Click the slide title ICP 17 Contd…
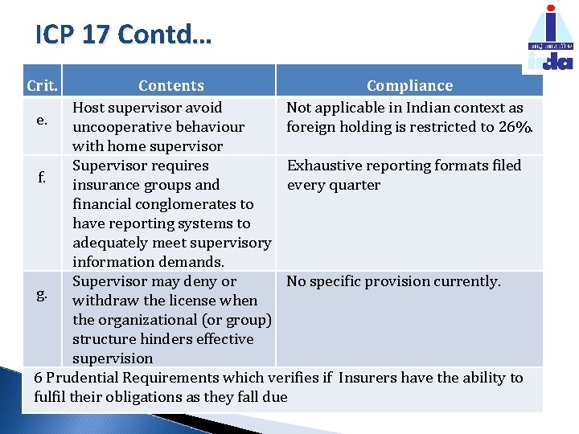coord(123,35)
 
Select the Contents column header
coord(171,85)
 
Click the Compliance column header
coord(409,85)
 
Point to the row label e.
coord(43,121)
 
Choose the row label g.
coord(41,294)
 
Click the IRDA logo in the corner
coord(550,39)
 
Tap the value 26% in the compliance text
coord(515,127)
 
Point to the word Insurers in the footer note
coord(367,378)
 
